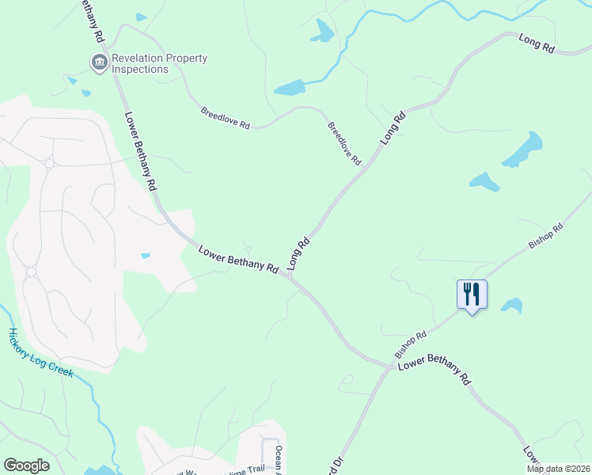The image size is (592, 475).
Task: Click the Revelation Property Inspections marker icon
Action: (x=99, y=63)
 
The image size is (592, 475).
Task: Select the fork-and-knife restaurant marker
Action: (x=472, y=295)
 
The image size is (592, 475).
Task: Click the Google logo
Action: (x=26, y=465)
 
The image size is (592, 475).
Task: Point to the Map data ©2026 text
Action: (x=558, y=469)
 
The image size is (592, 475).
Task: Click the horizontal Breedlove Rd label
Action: (x=225, y=119)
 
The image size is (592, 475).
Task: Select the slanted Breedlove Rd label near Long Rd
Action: (x=343, y=143)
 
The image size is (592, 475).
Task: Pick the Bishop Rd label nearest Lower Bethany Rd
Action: (x=410, y=344)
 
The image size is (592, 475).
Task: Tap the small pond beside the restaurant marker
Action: (x=512, y=305)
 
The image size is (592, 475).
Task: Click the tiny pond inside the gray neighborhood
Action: (x=146, y=256)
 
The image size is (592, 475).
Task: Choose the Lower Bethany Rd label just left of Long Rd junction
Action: (x=237, y=260)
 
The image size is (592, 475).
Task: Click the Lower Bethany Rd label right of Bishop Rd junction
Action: (x=435, y=368)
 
